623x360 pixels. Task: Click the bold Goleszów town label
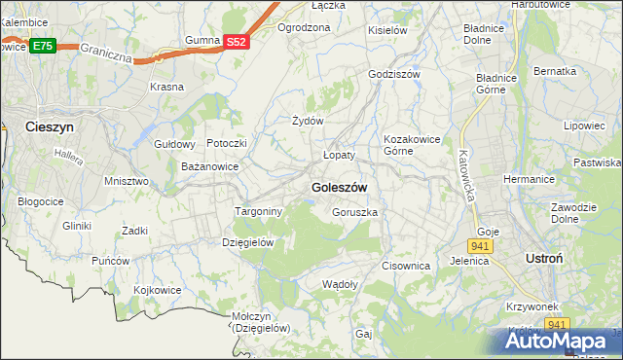point(339,187)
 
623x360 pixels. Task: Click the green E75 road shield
point(42,46)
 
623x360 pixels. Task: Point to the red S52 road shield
point(237,42)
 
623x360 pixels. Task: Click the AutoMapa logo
point(562,341)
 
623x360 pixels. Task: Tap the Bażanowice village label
point(210,166)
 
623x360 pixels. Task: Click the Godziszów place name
point(393,74)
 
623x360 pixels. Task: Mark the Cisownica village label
point(406,265)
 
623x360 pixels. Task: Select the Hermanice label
point(528,179)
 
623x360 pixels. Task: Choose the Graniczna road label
point(107,51)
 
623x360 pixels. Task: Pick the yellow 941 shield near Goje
point(483,246)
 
